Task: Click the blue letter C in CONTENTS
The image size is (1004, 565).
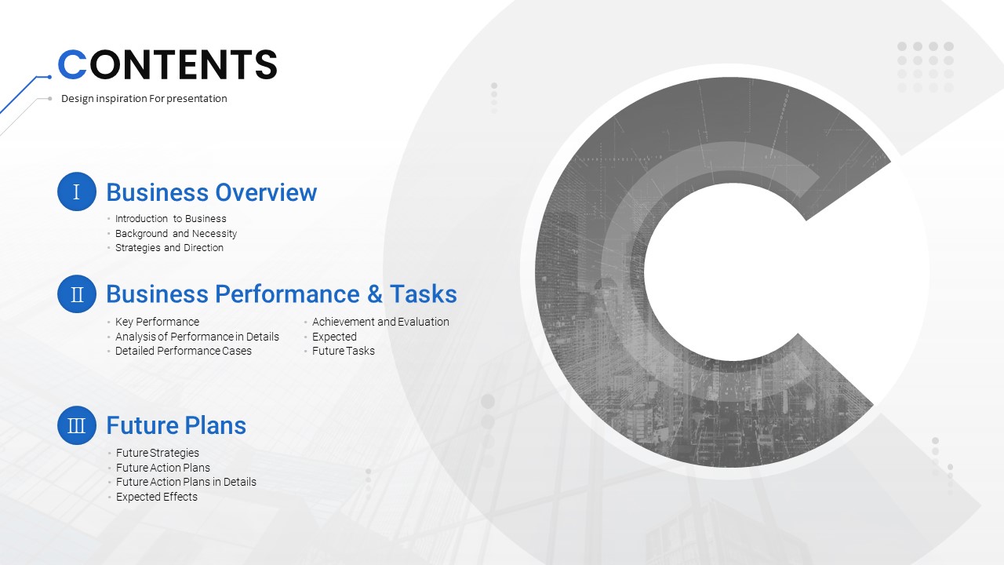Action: tap(72, 64)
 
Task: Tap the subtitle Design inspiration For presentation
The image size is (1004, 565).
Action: tap(144, 99)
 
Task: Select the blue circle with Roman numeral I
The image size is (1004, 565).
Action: tap(77, 191)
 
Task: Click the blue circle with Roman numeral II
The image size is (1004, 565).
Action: tap(77, 293)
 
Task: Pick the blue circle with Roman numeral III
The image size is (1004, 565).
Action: tap(77, 425)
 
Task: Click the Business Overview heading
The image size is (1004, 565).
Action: tap(212, 193)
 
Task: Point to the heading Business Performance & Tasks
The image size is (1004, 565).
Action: tap(282, 294)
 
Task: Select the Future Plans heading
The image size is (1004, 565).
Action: tap(176, 425)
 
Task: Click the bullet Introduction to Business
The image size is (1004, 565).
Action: tap(171, 219)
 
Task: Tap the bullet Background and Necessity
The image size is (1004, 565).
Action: tap(176, 234)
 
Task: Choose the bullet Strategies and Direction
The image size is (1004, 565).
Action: tap(169, 248)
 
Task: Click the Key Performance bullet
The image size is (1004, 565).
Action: tap(158, 322)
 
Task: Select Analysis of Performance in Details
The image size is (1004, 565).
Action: tap(197, 337)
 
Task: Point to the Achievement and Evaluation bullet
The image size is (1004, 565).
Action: tap(380, 322)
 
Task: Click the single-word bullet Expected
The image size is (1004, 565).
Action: tap(334, 337)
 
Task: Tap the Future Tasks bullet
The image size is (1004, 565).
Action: tap(344, 351)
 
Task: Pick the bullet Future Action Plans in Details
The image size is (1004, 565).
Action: tap(186, 482)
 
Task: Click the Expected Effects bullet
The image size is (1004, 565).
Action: tap(157, 497)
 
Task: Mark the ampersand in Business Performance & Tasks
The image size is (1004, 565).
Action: tap(375, 294)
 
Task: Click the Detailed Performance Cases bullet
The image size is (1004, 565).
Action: tap(184, 351)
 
